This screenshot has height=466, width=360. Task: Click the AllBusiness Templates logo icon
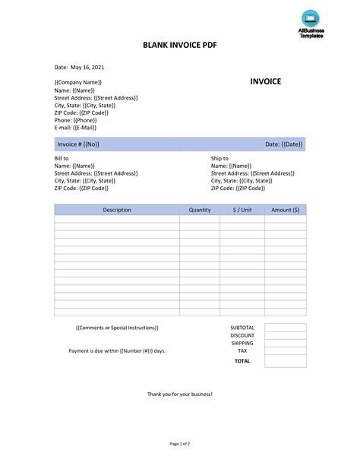310,18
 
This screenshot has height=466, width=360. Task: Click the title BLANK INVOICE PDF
179,46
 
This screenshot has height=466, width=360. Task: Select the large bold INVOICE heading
266,81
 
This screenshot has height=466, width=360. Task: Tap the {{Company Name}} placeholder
78,82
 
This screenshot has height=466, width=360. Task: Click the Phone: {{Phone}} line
75,120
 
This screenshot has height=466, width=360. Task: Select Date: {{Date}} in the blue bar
283,144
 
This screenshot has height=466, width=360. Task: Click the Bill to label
62,158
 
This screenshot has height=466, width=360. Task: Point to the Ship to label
219,158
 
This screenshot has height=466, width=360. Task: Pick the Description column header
117,210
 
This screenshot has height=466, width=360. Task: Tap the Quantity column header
200,210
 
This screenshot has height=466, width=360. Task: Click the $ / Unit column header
242,210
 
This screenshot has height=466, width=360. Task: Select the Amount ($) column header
286,210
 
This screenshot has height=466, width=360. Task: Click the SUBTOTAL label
242,328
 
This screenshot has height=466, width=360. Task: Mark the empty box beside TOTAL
286,361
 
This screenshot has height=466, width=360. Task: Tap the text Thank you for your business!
180,395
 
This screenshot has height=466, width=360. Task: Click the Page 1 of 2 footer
180,443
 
